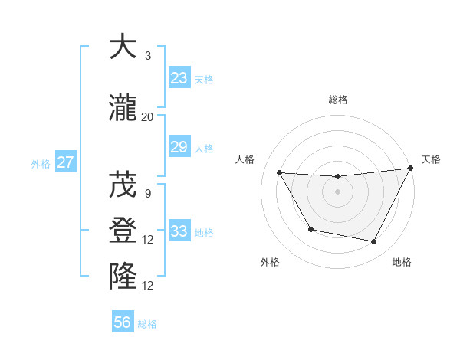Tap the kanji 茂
(123, 185)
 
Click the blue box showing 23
(179, 78)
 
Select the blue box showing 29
(179, 147)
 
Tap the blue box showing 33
(179, 231)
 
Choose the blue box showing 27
(66, 162)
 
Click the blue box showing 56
(123, 322)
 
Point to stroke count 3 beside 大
(148, 55)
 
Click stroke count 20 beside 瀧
(148, 116)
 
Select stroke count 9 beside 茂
(148, 193)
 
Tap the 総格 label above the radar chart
(337, 100)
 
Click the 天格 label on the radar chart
(431, 159)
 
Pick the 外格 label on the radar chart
(270, 262)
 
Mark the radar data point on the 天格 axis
(410, 168)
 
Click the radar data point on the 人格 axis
(280, 172)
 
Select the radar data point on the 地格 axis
(374, 242)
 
